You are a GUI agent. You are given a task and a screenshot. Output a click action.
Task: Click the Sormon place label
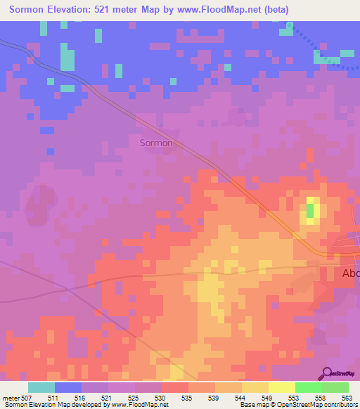(x=156, y=143)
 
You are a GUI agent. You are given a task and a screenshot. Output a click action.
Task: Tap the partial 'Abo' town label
(x=350, y=273)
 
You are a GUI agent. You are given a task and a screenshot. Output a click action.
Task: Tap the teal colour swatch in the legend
(x=41, y=387)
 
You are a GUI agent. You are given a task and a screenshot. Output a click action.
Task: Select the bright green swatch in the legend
(x=309, y=387)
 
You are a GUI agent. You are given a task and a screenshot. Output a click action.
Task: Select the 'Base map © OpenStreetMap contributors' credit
(x=298, y=405)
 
